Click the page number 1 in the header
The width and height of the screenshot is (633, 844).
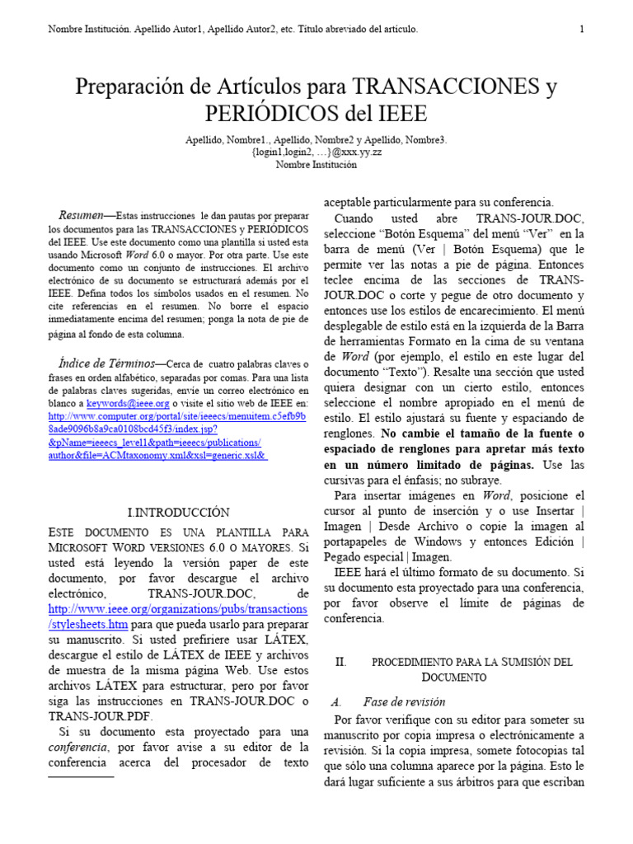pyautogui.click(x=582, y=30)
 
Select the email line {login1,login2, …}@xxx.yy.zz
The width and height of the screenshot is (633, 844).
pyautogui.click(x=316, y=152)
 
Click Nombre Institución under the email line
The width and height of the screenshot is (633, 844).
pyautogui.click(x=316, y=165)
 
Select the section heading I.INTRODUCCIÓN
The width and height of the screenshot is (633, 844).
pyautogui.click(x=178, y=512)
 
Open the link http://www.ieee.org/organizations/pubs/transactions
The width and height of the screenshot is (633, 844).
pyautogui.click(x=178, y=609)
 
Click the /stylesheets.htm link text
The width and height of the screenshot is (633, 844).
pyautogui.click(x=88, y=624)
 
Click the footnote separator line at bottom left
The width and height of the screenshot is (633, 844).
pyautogui.click(x=81, y=776)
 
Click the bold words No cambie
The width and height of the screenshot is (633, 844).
pyautogui.click(x=410, y=433)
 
